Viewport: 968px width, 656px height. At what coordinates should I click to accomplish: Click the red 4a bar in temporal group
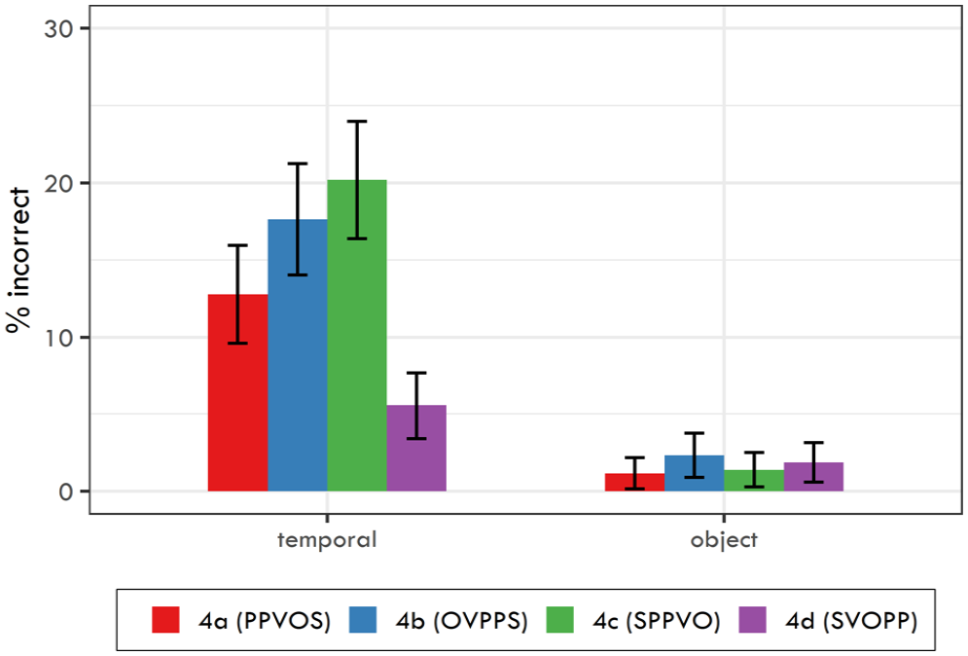coord(237,393)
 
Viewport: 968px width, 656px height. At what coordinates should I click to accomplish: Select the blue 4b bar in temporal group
coord(298,355)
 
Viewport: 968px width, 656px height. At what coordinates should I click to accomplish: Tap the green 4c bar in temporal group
coord(357,336)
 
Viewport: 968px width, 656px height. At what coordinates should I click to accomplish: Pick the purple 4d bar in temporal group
coord(416,449)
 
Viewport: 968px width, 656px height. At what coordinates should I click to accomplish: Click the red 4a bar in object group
coord(634,483)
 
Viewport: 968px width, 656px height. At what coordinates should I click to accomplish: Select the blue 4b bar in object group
coord(695,474)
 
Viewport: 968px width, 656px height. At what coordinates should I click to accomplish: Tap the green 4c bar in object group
coord(754,481)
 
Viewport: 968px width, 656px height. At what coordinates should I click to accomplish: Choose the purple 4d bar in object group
coord(813,477)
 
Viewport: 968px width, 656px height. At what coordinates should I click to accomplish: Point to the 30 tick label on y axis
coord(58,28)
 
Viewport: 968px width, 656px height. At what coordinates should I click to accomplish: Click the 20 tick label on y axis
coord(58,183)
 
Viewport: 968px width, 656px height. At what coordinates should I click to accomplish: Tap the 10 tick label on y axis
coord(58,338)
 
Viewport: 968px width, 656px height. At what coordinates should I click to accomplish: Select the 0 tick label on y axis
coord(66,492)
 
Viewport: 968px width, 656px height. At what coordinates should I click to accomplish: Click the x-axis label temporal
coord(327,540)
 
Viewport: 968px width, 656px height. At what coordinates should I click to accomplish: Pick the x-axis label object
coord(724,540)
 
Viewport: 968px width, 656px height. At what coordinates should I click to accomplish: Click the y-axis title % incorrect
coord(18,260)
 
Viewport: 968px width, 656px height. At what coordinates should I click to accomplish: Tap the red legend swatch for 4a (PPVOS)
coord(165,620)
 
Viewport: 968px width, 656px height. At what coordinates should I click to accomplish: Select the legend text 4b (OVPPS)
coord(462,621)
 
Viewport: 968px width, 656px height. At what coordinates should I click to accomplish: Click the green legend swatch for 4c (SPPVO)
coord(560,620)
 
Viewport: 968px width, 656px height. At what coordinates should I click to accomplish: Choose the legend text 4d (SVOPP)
coord(851,621)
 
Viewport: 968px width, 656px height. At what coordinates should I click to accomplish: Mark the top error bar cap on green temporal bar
coord(357,122)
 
